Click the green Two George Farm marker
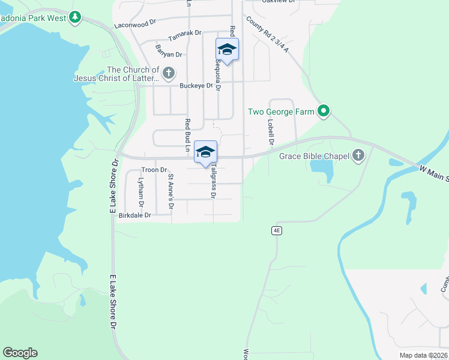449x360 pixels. coord(324,111)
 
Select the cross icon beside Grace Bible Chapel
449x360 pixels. coord(358,156)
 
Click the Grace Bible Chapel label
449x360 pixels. coord(315,157)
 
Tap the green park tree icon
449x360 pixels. coord(75,17)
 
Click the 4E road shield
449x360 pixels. coord(277,230)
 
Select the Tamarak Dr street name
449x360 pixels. coord(184,35)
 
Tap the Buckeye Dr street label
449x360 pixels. coord(197,86)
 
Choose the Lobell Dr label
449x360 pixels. coord(271,132)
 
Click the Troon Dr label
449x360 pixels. coord(154,170)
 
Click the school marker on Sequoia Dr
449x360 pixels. coord(227,50)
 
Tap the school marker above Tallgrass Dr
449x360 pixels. coord(205,152)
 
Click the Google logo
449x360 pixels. coord(20,353)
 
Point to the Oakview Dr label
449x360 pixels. coord(279,2)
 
